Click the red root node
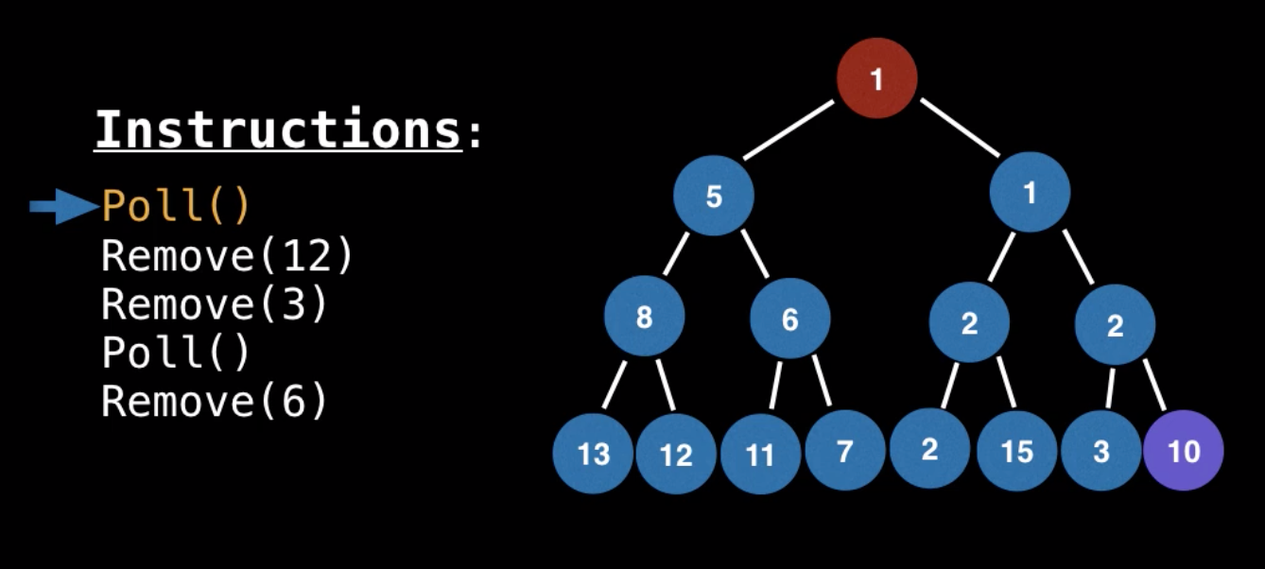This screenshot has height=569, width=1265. (876, 78)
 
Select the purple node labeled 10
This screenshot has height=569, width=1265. (1183, 451)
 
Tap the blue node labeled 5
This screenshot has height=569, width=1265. (714, 196)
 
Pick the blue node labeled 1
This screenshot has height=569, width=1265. (1030, 193)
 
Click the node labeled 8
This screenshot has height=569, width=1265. (644, 317)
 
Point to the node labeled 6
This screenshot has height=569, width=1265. (789, 319)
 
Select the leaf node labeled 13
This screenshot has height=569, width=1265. (594, 454)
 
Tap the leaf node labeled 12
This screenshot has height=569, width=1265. (676, 455)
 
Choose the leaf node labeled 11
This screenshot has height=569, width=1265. (760, 455)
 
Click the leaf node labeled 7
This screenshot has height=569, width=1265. (844, 451)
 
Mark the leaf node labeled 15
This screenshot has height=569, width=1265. (1016, 451)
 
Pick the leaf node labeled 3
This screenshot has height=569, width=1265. (1100, 451)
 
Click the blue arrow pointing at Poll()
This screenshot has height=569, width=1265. (62, 206)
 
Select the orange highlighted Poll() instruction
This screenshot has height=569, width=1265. (176, 206)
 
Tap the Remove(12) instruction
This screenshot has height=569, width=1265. (227, 255)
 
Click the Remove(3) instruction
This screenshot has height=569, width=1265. (215, 304)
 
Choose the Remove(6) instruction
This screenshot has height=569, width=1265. (215, 402)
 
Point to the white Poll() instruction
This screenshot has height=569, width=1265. (176, 353)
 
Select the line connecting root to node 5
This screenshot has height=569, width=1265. (788, 130)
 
